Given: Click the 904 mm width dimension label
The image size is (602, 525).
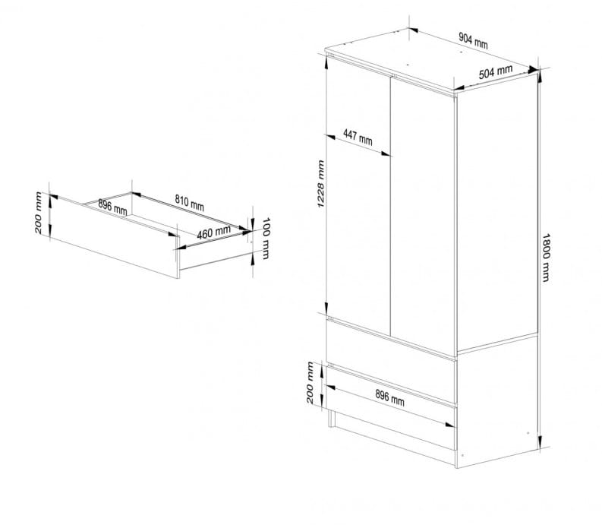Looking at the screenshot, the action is [473, 41].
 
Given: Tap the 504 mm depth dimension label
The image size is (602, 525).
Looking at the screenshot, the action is [495, 72].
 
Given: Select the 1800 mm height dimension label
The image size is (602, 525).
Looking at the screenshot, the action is [546, 258].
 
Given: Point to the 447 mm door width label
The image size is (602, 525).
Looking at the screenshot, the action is [358, 138].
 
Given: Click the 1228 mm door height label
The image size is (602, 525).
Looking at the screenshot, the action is [321, 184].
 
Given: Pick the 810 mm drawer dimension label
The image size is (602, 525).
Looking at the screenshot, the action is [189, 203].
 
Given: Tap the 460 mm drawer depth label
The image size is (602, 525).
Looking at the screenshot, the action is [214, 232].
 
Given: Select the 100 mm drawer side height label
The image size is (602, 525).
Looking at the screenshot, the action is [265, 239].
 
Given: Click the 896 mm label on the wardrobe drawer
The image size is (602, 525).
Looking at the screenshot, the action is [389, 398].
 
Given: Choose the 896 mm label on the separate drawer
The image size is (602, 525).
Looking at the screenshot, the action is [112, 207].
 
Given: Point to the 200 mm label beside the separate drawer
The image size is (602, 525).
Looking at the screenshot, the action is [39, 213].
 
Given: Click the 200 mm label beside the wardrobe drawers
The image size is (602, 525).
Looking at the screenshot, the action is [310, 382].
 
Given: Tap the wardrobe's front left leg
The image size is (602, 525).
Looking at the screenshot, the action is [330, 418].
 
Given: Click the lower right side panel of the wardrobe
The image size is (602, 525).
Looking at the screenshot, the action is [496, 400].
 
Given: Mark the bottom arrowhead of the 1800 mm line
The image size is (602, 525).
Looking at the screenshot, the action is [540, 441].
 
